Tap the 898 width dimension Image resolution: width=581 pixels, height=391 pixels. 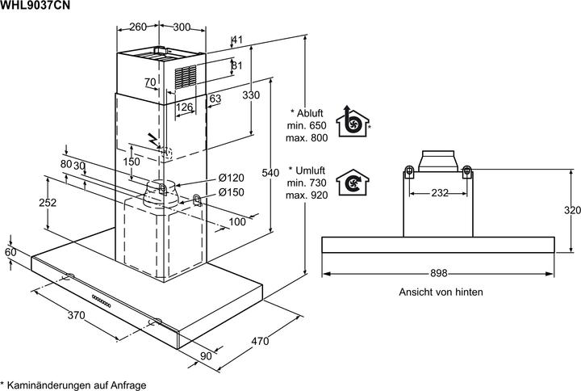click(x=438, y=273)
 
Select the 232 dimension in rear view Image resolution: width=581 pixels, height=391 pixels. click(x=438, y=192)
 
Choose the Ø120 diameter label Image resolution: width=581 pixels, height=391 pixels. click(x=231, y=178)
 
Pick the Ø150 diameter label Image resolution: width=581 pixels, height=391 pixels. click(x=231, y=192)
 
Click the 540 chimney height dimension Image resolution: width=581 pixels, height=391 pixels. click(x=271, y=173)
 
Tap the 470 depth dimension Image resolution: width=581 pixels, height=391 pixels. click(x=259, y=342)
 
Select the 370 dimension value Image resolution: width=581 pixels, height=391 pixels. click(x=77, y=314)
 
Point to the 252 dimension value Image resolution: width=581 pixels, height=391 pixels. click(x=48, y=203)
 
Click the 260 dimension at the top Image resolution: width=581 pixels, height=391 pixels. click(x=138, y=27)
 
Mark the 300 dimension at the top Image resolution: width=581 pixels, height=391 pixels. click(x=182, y=27)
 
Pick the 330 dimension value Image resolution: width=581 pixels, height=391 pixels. click(x=252, y=95)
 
